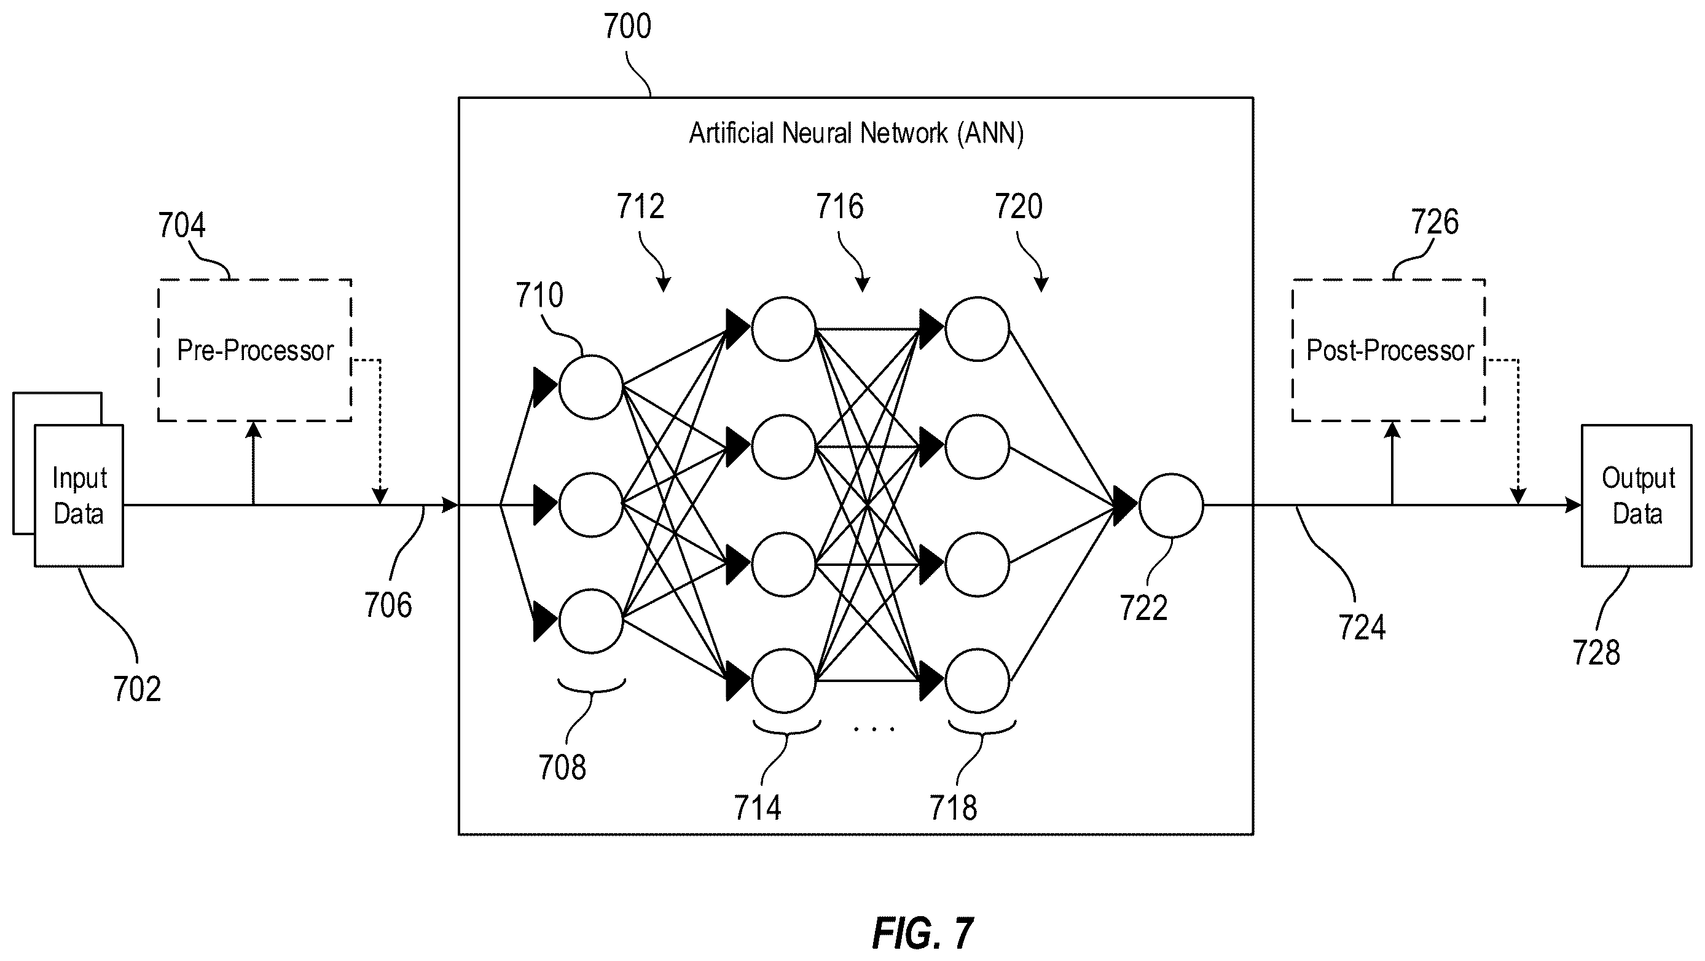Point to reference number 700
pos(627,26)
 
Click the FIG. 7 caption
pos(922,933)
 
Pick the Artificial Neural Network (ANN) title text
pos(856,133)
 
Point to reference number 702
pos(137,689)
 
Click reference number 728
pos(1596,653)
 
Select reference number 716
pos(839,206)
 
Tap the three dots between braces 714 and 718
pos(874,729)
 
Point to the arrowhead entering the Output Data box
pos(1574,505)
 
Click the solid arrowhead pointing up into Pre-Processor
pos(253,430)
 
